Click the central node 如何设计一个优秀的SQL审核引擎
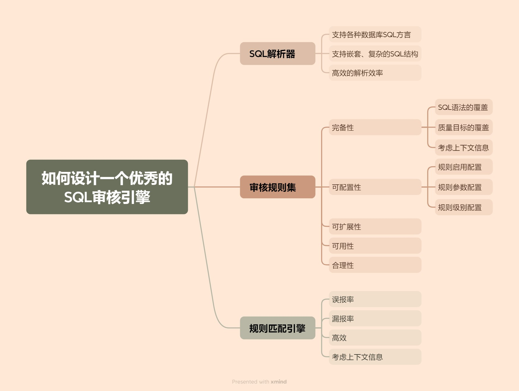[x=107, y=187]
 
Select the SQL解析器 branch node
[x=277, y=54]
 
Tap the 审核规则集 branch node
[x=277, y=187]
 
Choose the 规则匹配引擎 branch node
[x=277, y=328]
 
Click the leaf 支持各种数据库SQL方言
[x=375, y=34]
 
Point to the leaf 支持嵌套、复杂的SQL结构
[x=375, y=54]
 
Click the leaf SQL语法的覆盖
[x=463, y=107]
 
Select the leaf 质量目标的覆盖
[x=463, y=127]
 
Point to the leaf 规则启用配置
[x=463, y=167]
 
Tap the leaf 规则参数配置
[x=463, y=187]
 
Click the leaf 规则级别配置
[x=463, y=207]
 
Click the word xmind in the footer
[x=279, y=382]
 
